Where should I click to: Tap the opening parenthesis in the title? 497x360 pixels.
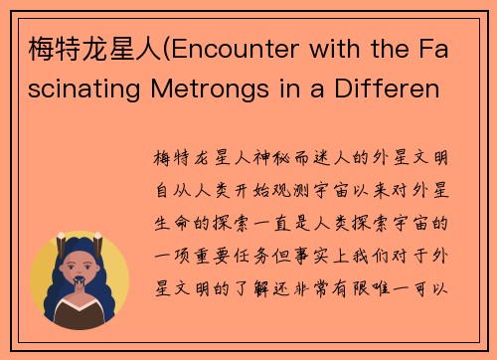(152, 48)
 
